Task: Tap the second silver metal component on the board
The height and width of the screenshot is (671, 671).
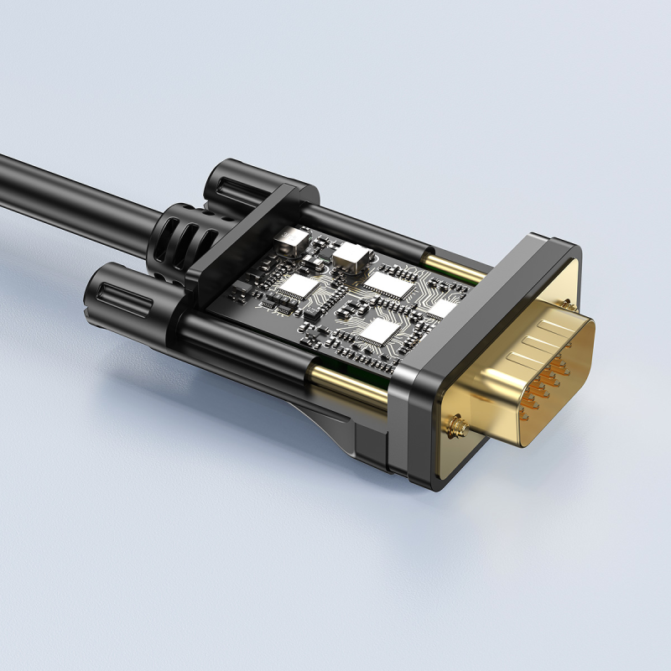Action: click(x=350, y=255)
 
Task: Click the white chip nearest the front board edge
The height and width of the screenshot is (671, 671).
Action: click(x=379, y=331)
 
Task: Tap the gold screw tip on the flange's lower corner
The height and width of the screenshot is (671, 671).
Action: click(x=457, y=429)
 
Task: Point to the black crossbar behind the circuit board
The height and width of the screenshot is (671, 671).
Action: click(x=243, y=243)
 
